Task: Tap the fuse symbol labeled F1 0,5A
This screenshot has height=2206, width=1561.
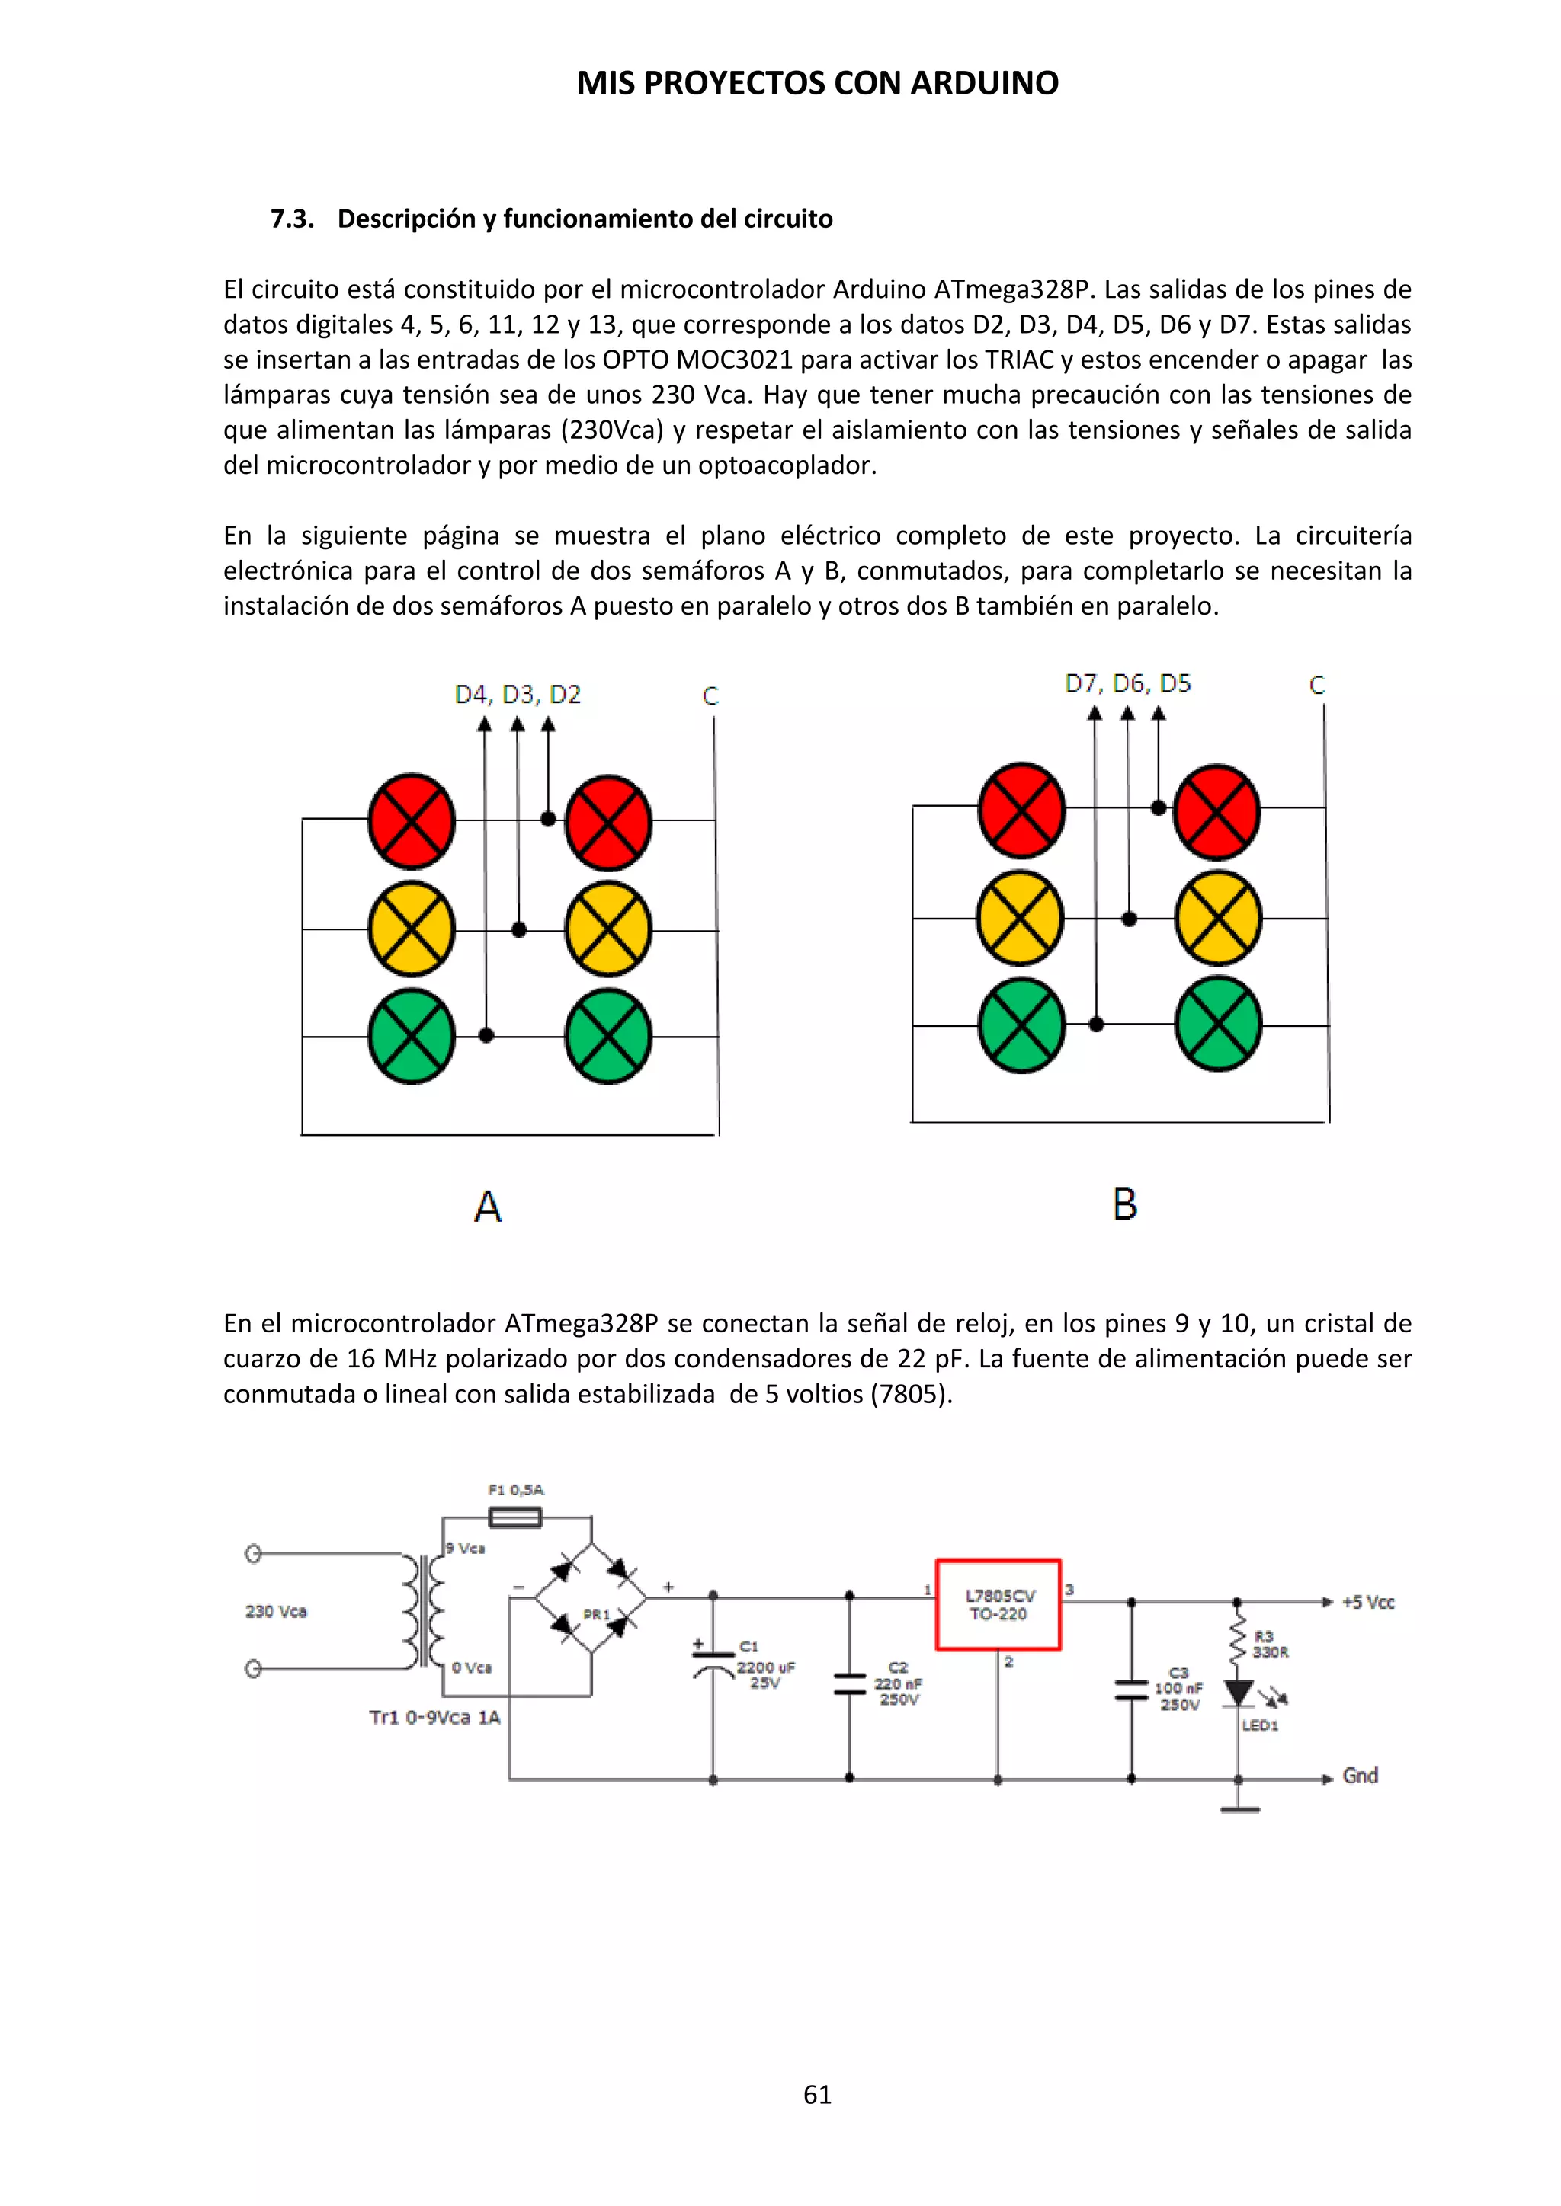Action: tap(515, 1518)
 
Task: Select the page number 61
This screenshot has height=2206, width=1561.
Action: tap(817, 2095)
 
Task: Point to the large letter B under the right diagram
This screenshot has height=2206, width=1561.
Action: tap(1124, 1204)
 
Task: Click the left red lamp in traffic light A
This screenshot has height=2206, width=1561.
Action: tap(412, 820)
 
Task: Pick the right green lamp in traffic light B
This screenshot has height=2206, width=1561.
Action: tap(1218, 1025)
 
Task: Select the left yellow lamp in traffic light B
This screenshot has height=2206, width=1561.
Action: tap(1020, 918)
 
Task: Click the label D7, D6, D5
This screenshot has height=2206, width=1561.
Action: tap(1127, 684)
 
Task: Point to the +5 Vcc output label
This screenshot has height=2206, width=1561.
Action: tap(1368, 1603)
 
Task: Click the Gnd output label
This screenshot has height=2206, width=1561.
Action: tap(1360, 1776)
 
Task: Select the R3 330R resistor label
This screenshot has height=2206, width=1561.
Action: tap(1269, 1644)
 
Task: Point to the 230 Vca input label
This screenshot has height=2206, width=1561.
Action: tap(276, 1611)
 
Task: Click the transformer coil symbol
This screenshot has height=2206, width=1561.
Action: tap(424, 1611)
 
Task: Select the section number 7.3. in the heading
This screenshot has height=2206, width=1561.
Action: tap(292, 219)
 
